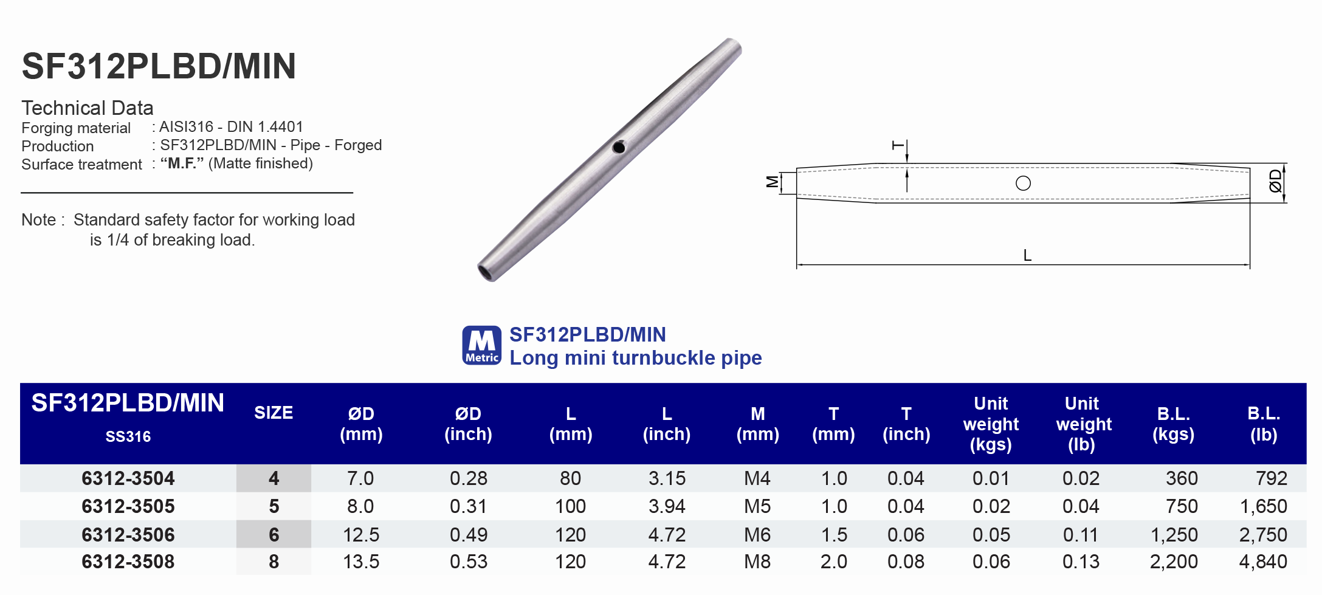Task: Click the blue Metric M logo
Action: [x=481, y=345]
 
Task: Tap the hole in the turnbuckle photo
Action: [x=619, y=147]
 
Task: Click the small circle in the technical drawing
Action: [x=1023, y=183]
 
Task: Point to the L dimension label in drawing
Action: [x=1027, y=255]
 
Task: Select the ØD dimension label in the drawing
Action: [x=1275, y=181]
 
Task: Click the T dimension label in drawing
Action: [x=897, y=145]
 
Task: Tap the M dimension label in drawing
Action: [x=772, y=181]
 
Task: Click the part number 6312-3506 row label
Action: [x=128, y=534]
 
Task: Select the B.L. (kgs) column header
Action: [x=1173, y=424]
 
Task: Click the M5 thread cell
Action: [x=757, y=506]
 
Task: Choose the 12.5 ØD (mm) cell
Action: [x=360, y=534]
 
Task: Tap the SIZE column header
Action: [x=274, y=413]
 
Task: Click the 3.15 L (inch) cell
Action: [x=666, y=478]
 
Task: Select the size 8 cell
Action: [x=274, y=562]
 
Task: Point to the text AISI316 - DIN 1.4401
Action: [x=231, y=126]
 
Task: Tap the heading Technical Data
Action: [x=88, y=108]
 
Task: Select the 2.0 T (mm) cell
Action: [x=833, y=562]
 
